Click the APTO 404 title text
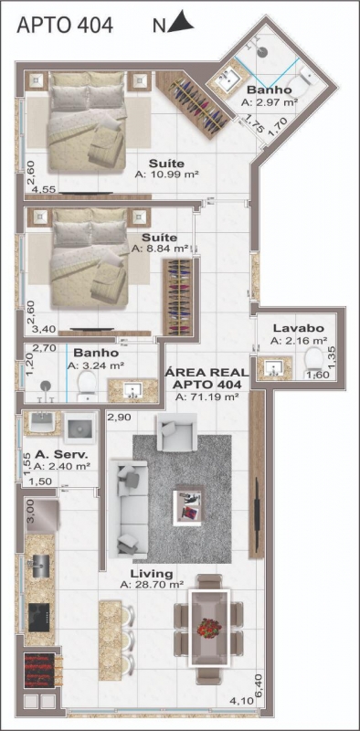(x=64, y=26)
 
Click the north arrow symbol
(x=181, y=23)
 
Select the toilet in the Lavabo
(x=313, y=362)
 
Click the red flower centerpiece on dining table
(x=209, y=628)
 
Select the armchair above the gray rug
(x=176, y=431)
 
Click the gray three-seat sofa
(x=128, y=509)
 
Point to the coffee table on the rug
(x=188, y=506)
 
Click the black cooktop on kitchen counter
(x=38, y=618)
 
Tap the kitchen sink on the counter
(x=40, y=566)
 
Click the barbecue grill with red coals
(x=39, y=670)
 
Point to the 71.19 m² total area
(x=207, y=397)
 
